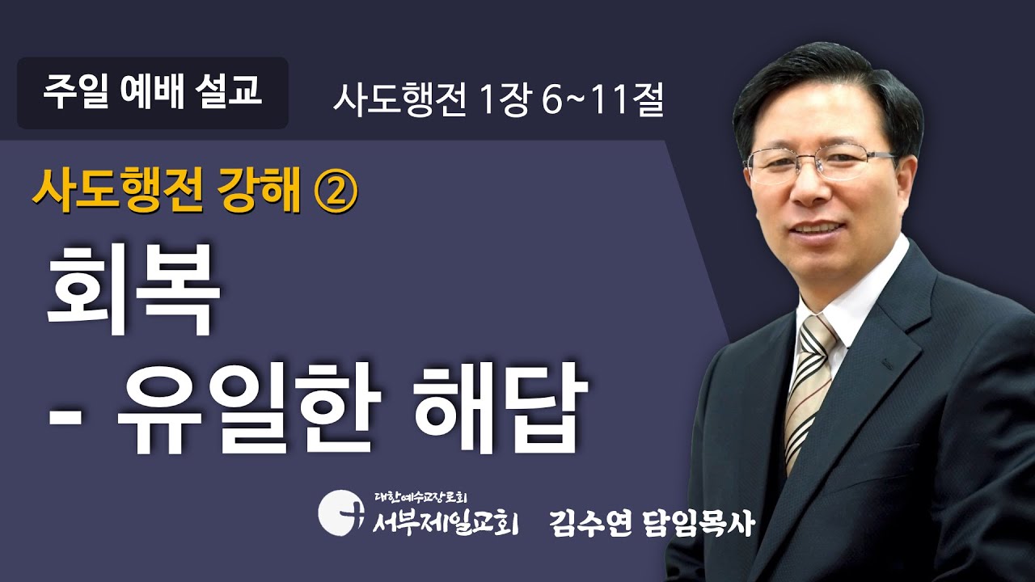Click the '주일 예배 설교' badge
click(x=153, y=92)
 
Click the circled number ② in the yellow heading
click(x=333, y=192)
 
